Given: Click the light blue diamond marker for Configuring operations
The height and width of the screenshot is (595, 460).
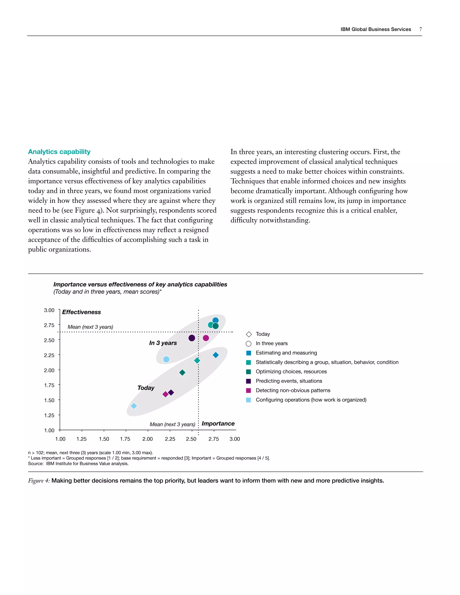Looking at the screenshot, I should pos(134,406).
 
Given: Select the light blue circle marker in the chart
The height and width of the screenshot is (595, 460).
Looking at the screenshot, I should pos(166,359).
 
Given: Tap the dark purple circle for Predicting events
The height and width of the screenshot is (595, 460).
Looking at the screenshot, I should pos(192,338).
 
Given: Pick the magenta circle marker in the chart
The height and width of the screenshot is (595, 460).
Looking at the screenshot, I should pos(206,338).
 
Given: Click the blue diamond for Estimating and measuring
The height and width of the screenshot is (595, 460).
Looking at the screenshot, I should pos(216,355).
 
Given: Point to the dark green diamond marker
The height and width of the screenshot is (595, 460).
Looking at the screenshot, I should pos(182,372).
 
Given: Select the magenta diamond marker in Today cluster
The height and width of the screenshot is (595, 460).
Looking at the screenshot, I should pos(165,394).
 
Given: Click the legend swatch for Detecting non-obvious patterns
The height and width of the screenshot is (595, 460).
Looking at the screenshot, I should pos(249,391).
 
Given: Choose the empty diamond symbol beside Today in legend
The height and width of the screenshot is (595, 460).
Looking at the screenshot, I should pos(249,334).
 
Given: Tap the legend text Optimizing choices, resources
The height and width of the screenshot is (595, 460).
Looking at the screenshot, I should pos(291,372).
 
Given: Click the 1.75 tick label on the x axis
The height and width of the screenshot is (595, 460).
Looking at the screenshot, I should pos(125,439).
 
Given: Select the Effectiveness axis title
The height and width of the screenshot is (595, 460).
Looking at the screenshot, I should pos(82,312).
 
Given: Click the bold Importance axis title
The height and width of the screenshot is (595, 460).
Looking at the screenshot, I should pos(218,424).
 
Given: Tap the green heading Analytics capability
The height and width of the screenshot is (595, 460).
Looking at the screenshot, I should pos(59,152).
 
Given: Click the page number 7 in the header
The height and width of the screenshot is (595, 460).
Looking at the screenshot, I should pos(420,29).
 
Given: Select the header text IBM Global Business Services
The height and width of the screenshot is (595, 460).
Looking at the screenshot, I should pos(376,29).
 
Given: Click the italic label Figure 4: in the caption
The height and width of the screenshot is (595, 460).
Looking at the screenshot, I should pos(39,480).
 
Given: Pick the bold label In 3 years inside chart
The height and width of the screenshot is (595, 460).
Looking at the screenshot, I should pos(163,343).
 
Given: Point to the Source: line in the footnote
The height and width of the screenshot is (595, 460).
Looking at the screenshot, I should pos(78,464).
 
